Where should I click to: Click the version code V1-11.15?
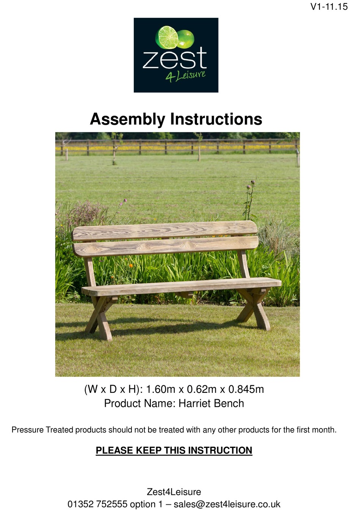329,6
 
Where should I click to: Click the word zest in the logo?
175,58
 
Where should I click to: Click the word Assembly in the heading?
127,119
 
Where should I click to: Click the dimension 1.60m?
160,389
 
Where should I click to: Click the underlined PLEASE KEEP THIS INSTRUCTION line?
174,451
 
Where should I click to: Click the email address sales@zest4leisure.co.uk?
227,504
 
